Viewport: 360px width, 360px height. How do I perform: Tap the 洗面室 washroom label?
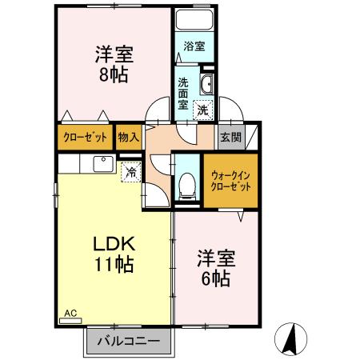click(183, 92)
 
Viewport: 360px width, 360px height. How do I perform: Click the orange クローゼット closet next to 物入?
click(85, 137)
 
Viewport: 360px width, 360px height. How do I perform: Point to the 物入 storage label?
click(128, 137)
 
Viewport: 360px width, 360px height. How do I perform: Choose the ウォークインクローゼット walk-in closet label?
click(230, 181)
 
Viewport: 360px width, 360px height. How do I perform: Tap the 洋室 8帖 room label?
click(113, 65)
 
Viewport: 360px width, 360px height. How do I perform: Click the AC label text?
click(68, 314)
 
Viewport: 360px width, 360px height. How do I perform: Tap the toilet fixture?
click(186, 186)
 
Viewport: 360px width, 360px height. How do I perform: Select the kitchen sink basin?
click(103, 164)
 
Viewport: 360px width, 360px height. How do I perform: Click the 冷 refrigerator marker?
click(130, 172)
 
